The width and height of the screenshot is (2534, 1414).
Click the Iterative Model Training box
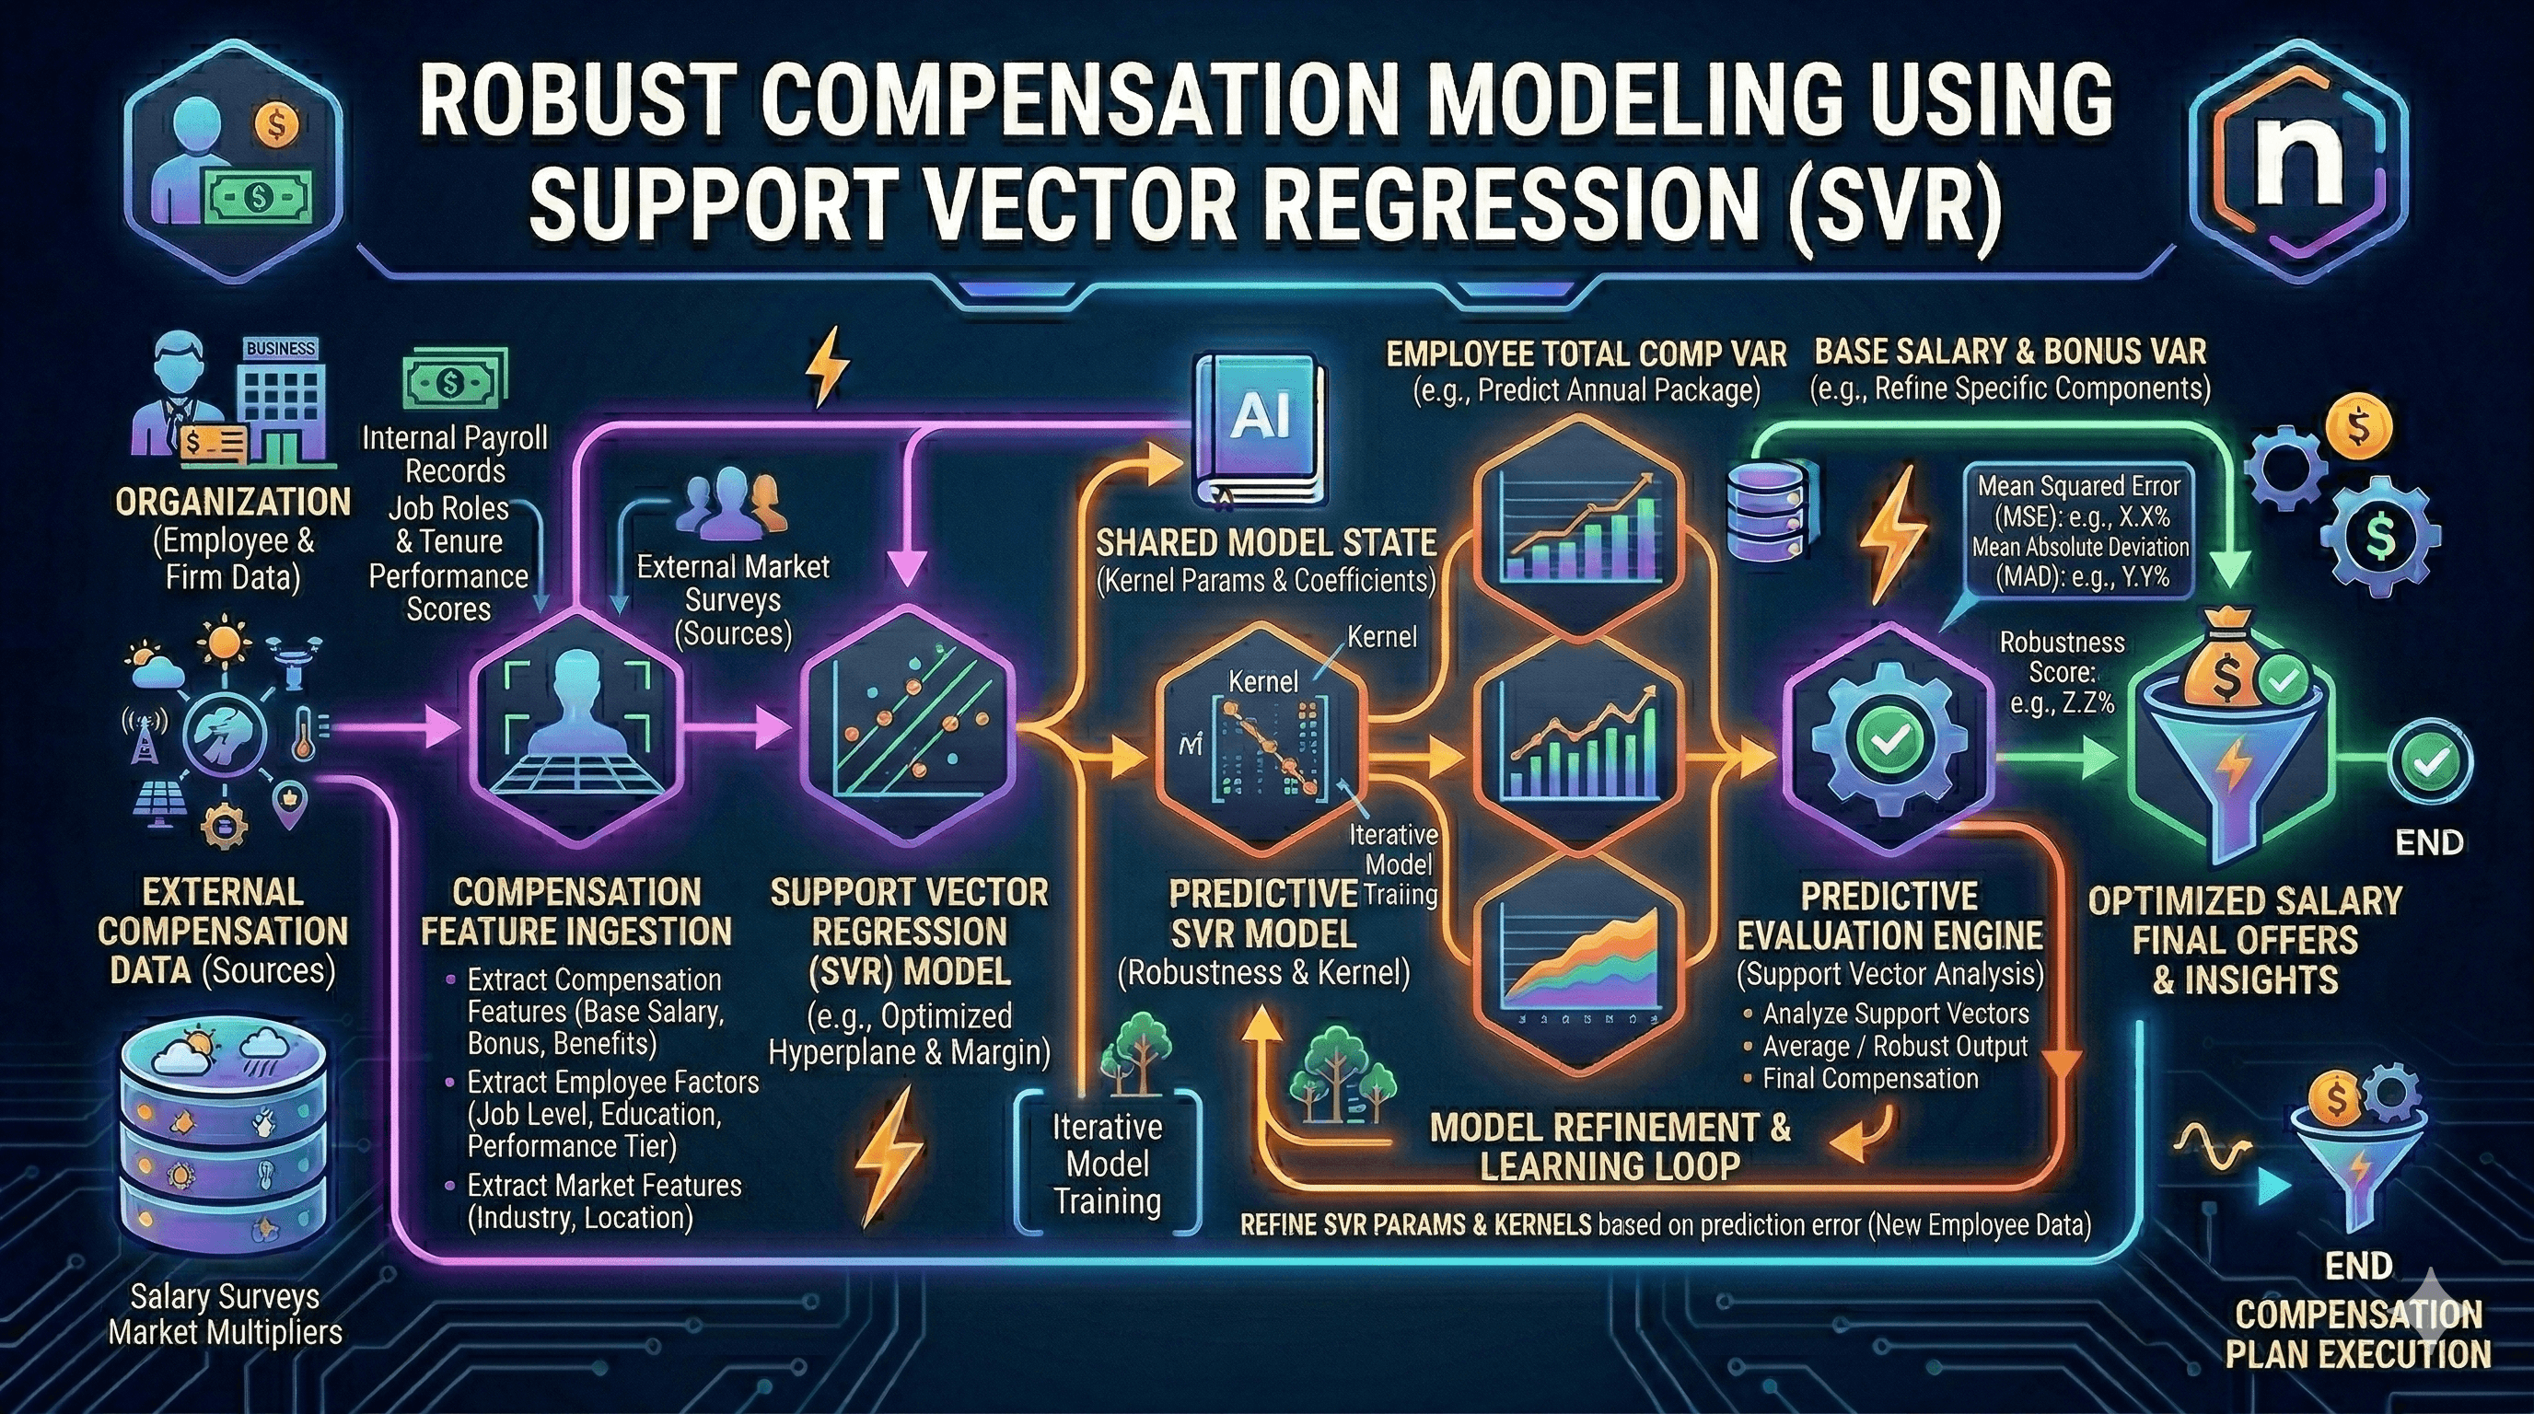1108,1165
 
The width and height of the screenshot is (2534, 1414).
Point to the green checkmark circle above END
2431,761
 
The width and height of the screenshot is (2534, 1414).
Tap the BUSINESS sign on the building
280,349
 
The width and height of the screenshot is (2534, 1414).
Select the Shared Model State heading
1266,543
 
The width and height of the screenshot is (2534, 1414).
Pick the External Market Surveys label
733,599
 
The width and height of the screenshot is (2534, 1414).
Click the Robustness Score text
2061,672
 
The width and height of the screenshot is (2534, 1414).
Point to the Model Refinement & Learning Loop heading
1610,1145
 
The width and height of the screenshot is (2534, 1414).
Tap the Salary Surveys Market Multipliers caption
226,1315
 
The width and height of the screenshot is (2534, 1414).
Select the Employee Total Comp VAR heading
1586,354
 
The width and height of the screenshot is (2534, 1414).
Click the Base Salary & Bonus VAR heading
2010,352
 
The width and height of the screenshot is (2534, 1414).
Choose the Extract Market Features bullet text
602,1200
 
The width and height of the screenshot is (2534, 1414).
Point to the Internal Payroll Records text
455,453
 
